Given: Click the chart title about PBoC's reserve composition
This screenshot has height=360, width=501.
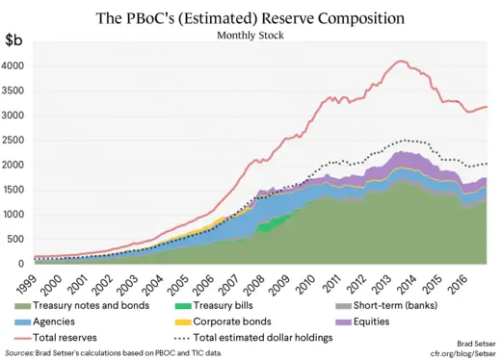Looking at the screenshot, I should [250, 18].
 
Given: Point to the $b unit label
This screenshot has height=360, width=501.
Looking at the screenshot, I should [16, 40].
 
